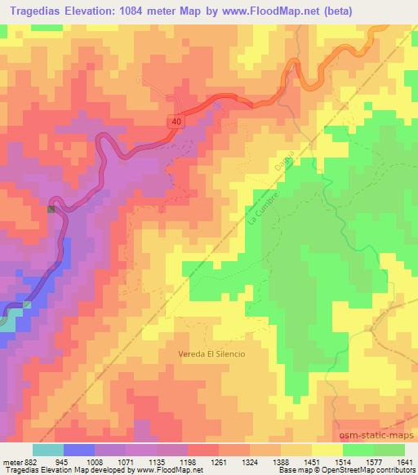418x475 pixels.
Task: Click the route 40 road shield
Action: (176, 121)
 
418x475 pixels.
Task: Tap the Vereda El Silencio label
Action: (211, 354)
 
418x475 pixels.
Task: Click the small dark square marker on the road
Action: (51, 209)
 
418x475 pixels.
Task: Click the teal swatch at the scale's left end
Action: (47, 450)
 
